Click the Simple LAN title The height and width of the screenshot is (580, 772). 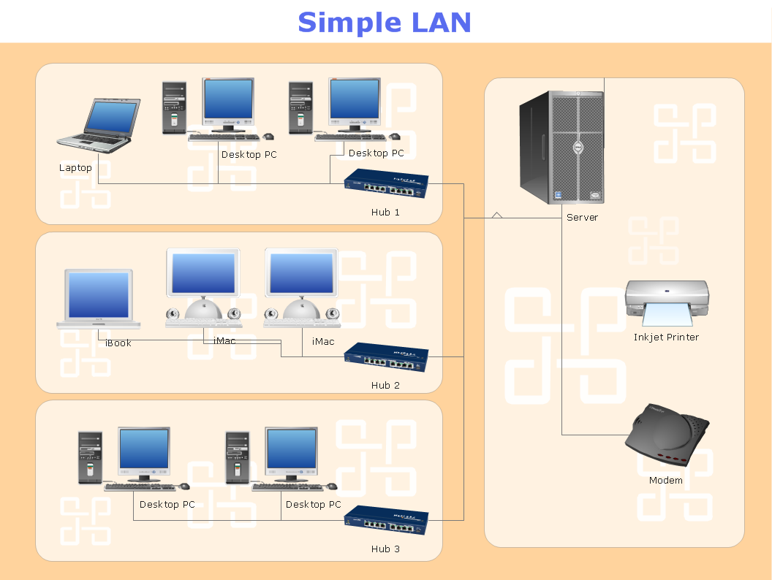[x=385, y=22]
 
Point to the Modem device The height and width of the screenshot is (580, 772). [x=667, y=437]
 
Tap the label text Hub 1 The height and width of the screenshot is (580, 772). [x=385, y=213]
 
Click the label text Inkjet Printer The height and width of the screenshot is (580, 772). [x=666, y=337]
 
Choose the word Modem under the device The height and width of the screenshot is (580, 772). [x=665, y=481]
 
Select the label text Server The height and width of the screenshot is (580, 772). [x=582, y=218]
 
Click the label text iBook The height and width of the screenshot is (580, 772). [x=118, y=343]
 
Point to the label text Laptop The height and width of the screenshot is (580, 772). [x=75, y=168]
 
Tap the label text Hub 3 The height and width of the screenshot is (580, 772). [x=385, y=549]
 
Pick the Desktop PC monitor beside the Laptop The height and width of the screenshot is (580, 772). [x=228, y=102]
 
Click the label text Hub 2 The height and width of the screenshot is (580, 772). [x=385, y=385]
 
